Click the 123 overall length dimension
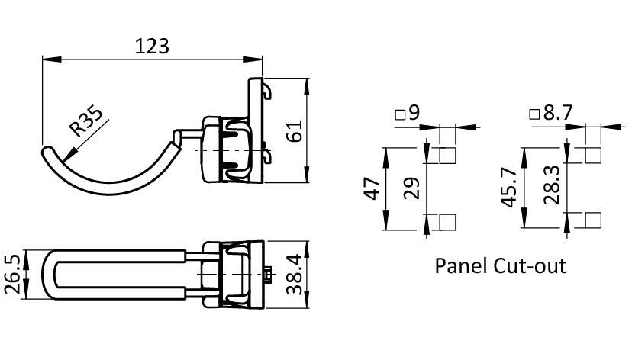(151, 46)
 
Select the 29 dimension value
(412, 189)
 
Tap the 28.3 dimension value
(553, 189)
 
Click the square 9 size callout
(408, 114)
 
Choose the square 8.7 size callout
(551, 114)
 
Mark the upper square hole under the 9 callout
(449, 156)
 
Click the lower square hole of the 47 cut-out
(449, 222)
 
